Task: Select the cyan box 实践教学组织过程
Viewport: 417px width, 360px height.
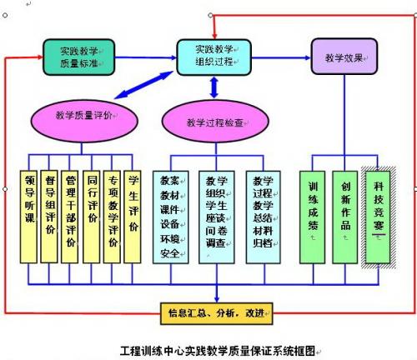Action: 214,56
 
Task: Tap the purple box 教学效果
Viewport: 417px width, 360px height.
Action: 344,58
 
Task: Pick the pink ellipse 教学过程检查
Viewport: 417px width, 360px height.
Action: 214,122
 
